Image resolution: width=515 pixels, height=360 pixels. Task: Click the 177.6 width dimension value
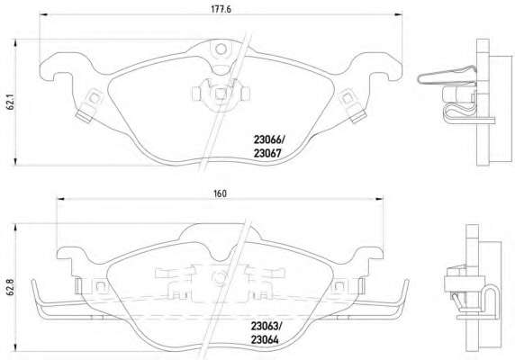coord(221,9)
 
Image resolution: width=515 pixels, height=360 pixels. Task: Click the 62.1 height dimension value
coord(10,103)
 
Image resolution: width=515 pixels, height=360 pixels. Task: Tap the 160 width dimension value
coord(220,193)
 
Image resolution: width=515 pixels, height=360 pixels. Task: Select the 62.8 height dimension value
coord(10,287)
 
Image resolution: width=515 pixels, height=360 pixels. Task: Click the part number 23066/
coord(269,140)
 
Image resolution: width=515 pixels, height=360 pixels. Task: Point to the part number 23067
coord(267,153)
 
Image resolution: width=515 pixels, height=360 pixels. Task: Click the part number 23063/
coord(267,327)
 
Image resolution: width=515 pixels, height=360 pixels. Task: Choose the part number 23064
coord(265,339)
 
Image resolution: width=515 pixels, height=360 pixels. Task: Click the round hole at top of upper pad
coord(221,49)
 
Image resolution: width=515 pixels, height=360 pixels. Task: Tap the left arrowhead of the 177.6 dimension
coord(43,14)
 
